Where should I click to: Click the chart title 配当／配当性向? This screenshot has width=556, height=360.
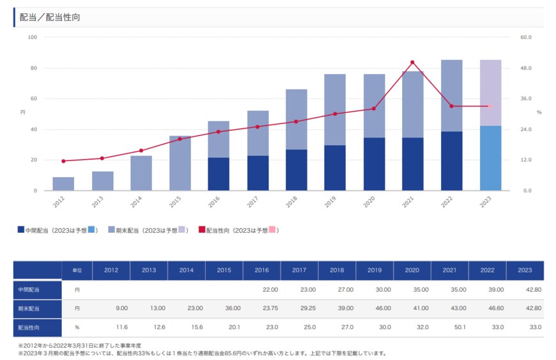coord(50,17)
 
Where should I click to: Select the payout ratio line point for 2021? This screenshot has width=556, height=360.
coord(413,62)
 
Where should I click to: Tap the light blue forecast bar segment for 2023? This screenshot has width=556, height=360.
coord(490,158)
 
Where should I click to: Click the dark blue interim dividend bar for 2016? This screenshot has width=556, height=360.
coord(219,174)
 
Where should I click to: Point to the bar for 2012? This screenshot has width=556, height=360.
coord(63,184)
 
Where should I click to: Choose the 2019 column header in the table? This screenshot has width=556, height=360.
coord(375,270)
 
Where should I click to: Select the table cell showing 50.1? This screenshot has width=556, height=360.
coord(449,327)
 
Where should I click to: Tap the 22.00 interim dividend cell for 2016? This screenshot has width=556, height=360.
coord(262,290)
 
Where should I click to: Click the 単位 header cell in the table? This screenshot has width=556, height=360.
coord(77,270)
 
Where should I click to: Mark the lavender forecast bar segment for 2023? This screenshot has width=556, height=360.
coord(490,93)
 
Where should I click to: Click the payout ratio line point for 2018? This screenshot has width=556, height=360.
coord(296,121)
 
